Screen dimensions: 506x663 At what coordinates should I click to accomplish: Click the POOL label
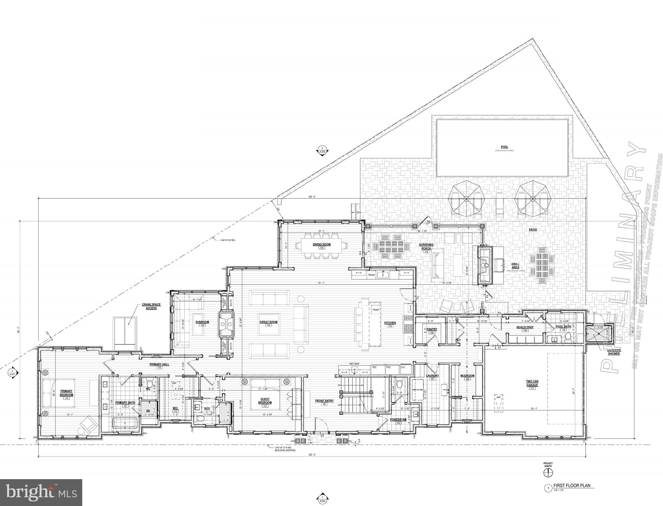coord(504,147)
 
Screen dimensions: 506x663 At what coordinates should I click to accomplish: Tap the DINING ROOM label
coord(321,244)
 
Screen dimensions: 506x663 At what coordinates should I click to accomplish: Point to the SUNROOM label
coord(202,322)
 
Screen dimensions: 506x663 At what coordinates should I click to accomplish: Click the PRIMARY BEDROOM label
coord(66,393)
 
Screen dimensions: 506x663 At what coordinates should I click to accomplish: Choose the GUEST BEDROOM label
coord(265,401)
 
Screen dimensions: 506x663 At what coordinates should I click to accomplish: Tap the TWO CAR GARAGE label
coord(532,384)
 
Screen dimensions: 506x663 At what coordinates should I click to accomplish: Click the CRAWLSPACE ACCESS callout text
coord(151,306)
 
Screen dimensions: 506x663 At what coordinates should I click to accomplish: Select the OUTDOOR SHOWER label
coord(613,352)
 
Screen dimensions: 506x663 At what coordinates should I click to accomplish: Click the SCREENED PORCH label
coord(426,247)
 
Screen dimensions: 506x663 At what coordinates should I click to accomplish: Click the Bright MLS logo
coord(41,492)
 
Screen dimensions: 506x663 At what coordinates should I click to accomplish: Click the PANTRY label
coord(432,329)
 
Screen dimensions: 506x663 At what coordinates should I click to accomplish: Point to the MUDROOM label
coord(467,376)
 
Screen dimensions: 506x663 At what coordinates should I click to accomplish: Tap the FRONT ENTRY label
coord(324,401)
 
